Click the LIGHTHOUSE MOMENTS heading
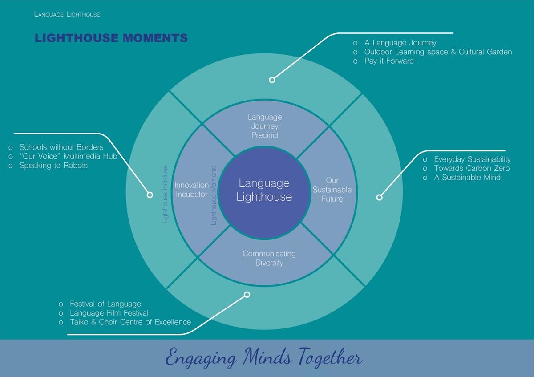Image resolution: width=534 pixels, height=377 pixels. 111,38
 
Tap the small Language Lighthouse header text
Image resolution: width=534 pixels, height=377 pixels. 67,15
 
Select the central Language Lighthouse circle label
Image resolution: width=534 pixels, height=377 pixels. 264,190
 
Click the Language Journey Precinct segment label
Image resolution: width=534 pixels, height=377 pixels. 265,126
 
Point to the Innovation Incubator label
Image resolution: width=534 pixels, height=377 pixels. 191,190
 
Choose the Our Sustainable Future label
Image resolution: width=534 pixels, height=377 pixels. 332,190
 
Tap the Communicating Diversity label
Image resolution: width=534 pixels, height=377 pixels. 269,258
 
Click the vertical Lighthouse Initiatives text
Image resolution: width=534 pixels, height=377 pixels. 165,194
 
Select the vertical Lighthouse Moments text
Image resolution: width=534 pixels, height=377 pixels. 214,195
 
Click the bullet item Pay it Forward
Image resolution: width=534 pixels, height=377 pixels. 389,61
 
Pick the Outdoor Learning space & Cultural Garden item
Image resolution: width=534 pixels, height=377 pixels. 438,52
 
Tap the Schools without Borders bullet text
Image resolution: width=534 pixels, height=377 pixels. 61,147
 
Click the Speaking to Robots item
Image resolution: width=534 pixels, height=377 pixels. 53,166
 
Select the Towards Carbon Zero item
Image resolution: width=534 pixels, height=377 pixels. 472,168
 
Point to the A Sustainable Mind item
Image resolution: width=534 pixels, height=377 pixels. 467,178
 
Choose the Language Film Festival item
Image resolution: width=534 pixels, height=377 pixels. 109,313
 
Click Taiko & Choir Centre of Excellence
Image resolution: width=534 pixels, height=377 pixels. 130,322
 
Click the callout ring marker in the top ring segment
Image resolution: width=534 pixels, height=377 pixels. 272,80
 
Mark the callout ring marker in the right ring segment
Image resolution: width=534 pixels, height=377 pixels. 380,198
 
